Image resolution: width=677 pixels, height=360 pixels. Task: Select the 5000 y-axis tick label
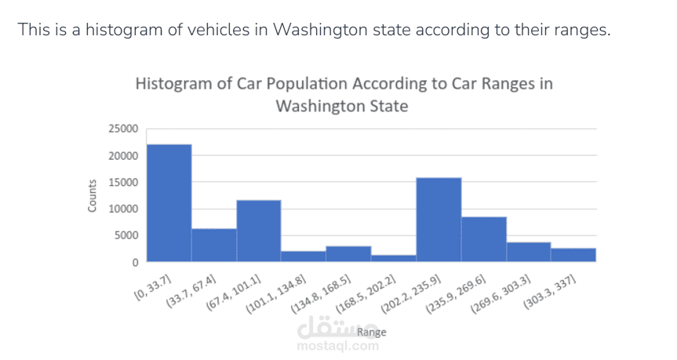pos(126,235)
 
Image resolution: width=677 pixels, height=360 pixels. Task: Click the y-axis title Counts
pos(92,195)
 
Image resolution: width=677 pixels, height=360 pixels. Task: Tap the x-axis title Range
pos(371,333)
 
